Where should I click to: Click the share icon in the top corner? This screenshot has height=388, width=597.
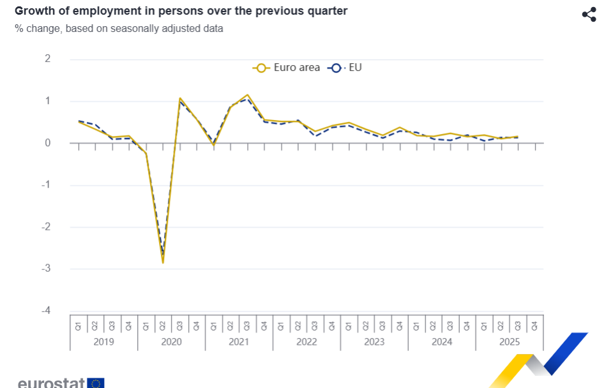589,15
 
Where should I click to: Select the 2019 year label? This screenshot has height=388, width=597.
103,342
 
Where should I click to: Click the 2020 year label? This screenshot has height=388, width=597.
171,342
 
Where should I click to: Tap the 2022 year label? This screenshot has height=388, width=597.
306,342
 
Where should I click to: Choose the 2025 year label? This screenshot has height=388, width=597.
509,342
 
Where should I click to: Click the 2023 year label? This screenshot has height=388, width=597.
374,342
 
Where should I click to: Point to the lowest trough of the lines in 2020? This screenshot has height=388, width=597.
163,262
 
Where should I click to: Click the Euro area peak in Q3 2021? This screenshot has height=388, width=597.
247,95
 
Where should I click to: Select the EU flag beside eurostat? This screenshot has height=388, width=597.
96,383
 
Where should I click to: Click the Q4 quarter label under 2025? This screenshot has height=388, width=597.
534,325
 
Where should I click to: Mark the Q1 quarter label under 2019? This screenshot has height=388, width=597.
79,325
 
